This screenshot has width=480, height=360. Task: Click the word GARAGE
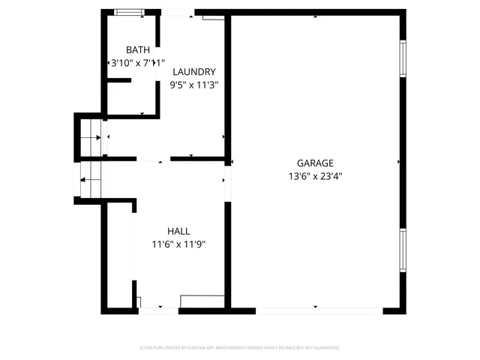point(315,163)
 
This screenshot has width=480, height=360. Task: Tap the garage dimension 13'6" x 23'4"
point(315,177)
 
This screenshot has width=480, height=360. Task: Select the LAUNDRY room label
point(194,71)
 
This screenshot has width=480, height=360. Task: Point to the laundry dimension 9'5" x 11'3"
point(194,85)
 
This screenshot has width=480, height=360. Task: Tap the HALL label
point(178,231)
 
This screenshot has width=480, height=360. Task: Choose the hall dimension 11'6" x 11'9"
point(178,244)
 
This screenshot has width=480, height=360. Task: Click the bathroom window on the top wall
point(130,12)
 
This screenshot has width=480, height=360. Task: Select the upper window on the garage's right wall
point(403,58)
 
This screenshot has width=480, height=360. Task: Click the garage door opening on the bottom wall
point(319,310)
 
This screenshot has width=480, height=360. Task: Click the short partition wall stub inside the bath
point(119,80)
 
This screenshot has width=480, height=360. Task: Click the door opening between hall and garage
point(227,180)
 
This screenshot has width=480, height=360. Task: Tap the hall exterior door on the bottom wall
point(159,310)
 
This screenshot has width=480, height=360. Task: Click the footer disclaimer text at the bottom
point(240,348)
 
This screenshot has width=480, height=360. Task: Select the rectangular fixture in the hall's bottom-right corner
point(202,301)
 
